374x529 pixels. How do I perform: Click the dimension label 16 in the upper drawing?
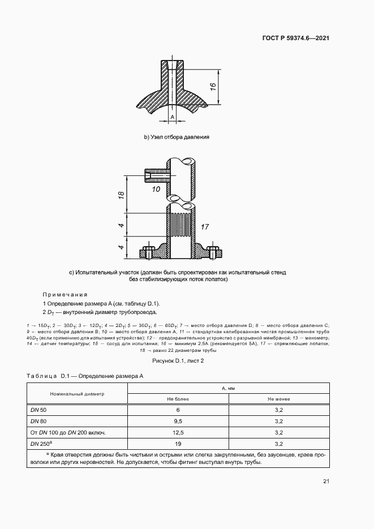213,87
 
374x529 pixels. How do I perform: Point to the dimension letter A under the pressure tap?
172,117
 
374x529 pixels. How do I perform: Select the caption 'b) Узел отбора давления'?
177,137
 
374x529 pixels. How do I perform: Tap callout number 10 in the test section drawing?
156,188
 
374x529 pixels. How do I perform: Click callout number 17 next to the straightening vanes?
205,227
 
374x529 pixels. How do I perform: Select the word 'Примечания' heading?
65,294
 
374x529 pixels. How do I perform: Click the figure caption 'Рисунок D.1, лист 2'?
178,360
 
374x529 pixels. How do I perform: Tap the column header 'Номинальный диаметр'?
77,393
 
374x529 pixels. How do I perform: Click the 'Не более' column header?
178,399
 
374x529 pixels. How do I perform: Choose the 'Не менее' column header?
278,399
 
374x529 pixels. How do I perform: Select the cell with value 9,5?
178,421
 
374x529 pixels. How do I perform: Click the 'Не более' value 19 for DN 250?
178,444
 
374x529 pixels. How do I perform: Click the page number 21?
326,481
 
